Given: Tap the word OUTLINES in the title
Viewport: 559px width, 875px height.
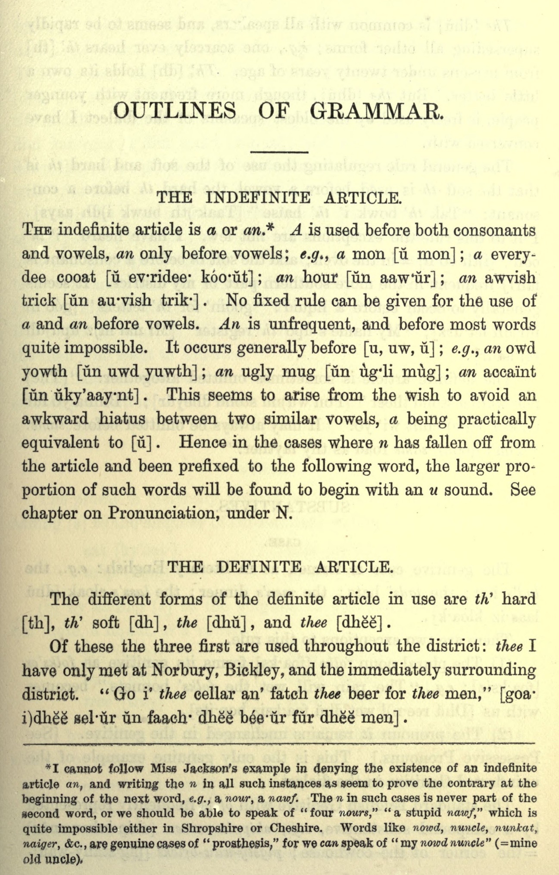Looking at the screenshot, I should [176, 112].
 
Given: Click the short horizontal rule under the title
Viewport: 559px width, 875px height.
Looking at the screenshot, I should [279, 152].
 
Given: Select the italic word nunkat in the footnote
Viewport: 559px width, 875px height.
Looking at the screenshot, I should [518, 828].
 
